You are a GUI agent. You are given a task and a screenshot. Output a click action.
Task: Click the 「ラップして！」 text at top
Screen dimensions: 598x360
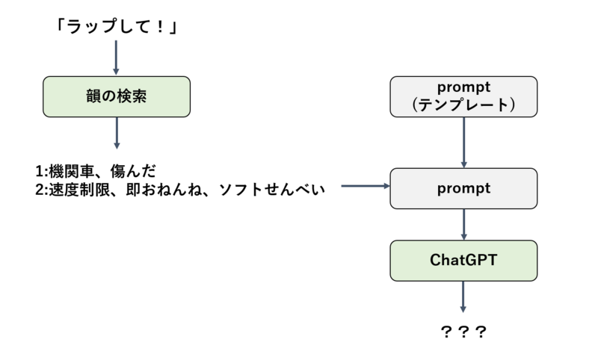[x=117, y=27]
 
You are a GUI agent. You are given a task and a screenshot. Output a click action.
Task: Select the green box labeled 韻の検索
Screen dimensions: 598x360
[x=117, y=97]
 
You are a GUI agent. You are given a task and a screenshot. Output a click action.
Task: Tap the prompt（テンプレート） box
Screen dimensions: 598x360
[x=463, y=97]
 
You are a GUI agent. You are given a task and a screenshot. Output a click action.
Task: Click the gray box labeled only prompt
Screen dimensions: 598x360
[x=463, y=188]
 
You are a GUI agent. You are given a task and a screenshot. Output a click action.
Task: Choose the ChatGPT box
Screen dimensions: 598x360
[x=463, y=261]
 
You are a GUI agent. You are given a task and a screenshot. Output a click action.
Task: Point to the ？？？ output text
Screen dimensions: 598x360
[x=463, y=332]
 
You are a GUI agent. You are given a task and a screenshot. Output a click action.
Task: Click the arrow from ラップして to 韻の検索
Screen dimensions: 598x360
[x=116, y=58]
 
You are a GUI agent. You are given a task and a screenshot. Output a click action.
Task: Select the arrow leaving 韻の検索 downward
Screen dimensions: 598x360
[x=117, y=133]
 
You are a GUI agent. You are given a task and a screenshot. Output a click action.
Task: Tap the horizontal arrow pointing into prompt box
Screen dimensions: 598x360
[x=366, y=186]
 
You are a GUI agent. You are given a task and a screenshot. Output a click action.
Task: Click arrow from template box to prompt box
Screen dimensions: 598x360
[x=463, y=143]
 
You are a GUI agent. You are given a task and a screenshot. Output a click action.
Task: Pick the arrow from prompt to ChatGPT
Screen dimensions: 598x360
[x=463, y=224]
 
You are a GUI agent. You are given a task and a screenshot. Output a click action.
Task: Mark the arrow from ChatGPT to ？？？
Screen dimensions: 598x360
[x=463, y=297]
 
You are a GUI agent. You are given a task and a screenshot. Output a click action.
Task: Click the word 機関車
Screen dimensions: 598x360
[x=71, y=172]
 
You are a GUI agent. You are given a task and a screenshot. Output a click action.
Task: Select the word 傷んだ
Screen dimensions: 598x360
[x=133, y=172]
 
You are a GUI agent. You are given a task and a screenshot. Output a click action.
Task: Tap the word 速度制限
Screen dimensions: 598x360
[x=79, y=190]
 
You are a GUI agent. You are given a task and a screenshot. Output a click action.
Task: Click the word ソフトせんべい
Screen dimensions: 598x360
[x=272, y=190]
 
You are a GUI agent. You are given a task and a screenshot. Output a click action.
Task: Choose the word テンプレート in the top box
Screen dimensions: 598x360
[x=463, y=105]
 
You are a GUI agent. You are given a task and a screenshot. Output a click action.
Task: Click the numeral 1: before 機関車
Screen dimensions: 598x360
[x=42, y=172]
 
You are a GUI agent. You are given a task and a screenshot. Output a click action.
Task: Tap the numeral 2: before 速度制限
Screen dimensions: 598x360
[x=42, y=190]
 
